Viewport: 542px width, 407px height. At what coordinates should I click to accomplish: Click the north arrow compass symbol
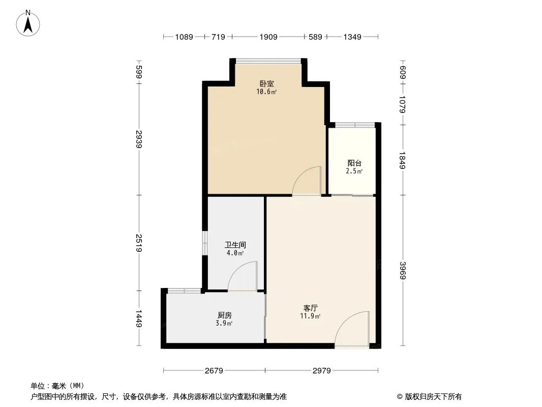(28, 23)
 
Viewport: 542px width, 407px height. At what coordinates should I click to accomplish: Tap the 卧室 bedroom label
(267, 83)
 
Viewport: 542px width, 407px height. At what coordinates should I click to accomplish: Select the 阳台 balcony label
(355, 163)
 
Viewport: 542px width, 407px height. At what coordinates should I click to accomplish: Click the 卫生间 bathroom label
(235, 245)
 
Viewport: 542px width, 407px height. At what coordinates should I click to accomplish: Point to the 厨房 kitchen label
(225, 315)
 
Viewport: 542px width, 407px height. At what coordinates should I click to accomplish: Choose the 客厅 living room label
(311, 308)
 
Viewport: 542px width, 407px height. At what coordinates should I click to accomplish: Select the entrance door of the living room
(352, 329)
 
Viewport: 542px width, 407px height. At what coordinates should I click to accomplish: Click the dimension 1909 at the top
(268, 37)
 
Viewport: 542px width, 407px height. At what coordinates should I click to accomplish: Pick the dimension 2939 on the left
(139, 139)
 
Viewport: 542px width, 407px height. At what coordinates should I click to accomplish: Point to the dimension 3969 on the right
(403, 271)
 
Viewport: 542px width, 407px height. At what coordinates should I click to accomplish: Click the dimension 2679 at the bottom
(214, 371)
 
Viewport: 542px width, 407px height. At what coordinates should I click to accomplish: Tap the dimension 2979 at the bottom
(322, 371)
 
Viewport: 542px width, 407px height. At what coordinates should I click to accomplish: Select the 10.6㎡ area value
(266, 92)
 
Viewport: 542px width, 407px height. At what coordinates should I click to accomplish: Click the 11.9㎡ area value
(311, 316)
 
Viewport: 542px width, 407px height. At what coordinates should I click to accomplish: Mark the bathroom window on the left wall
(204, 243)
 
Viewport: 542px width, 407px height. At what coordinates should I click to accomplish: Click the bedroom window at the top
(268, 61)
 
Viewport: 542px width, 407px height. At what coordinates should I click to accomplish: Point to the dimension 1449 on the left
(139, 318)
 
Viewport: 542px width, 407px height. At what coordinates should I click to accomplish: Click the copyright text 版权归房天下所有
(433, 397)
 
